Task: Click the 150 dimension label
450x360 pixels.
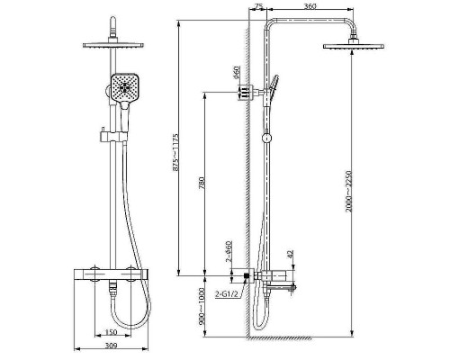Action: (x=112, y=332)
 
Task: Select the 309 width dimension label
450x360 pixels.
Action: (x=112, y=346)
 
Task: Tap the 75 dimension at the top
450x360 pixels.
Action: (x=258, y=6)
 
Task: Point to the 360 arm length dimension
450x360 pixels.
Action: (x=310, y=6)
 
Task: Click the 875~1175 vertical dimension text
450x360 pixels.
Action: (x=175, y=152)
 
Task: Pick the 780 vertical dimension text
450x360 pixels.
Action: (x=202, y=184)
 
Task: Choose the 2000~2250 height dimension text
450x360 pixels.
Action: (x=348, y=191)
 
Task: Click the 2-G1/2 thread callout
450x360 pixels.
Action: (x=227, y=294)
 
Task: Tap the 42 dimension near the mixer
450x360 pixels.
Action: (x=290, y=254)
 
